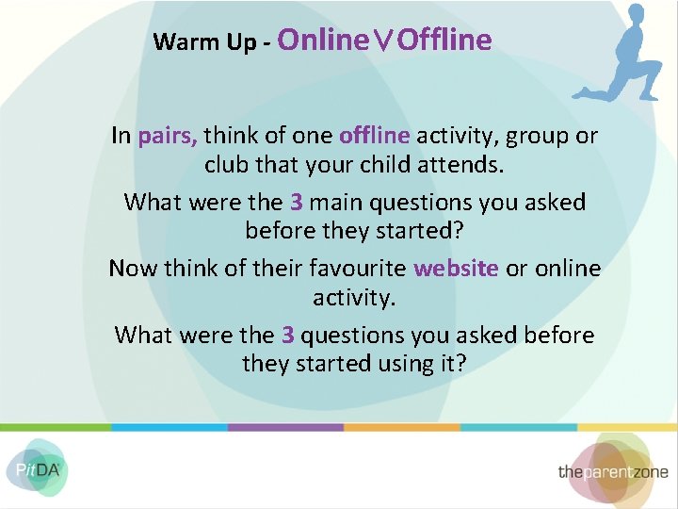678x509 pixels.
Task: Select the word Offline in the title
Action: click(444, 40)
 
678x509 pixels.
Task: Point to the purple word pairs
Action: click(168, 136)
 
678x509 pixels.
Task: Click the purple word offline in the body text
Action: click(374, 136)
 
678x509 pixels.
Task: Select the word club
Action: click(225, 165)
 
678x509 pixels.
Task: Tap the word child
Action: click(399, 165)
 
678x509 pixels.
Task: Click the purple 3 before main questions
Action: click(296, 203)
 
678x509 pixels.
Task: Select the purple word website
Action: click(456, 269)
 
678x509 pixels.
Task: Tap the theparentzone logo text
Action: click(612, 471)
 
